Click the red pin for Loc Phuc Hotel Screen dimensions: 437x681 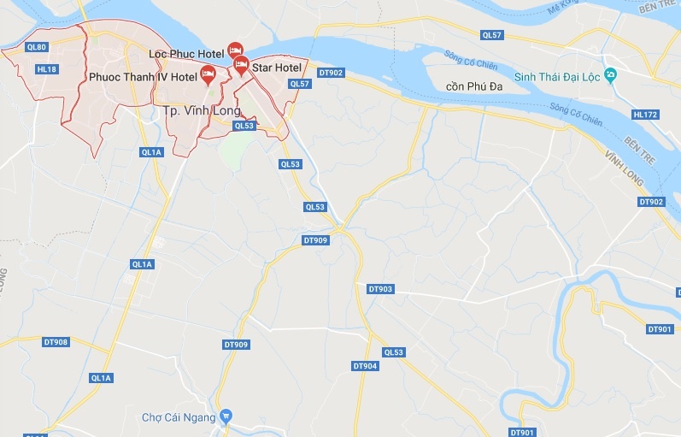click(x=235, y=51)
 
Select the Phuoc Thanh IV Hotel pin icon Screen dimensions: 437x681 click(x=208, y=74)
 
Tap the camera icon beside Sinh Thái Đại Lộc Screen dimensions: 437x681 click(x=609, y=75)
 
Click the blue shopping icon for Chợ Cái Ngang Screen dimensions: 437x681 click(x=226, y=416)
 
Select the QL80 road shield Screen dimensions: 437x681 click(x=37, y=47)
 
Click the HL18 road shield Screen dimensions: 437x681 click(x=46, y=69)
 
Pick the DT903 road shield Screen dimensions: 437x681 click(x=380, y=289)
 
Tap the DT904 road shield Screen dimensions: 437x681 click(x=365, y=365)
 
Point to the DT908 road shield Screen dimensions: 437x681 click(x=56, y=342)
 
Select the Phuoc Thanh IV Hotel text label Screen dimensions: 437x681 click(x=143, y=77)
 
